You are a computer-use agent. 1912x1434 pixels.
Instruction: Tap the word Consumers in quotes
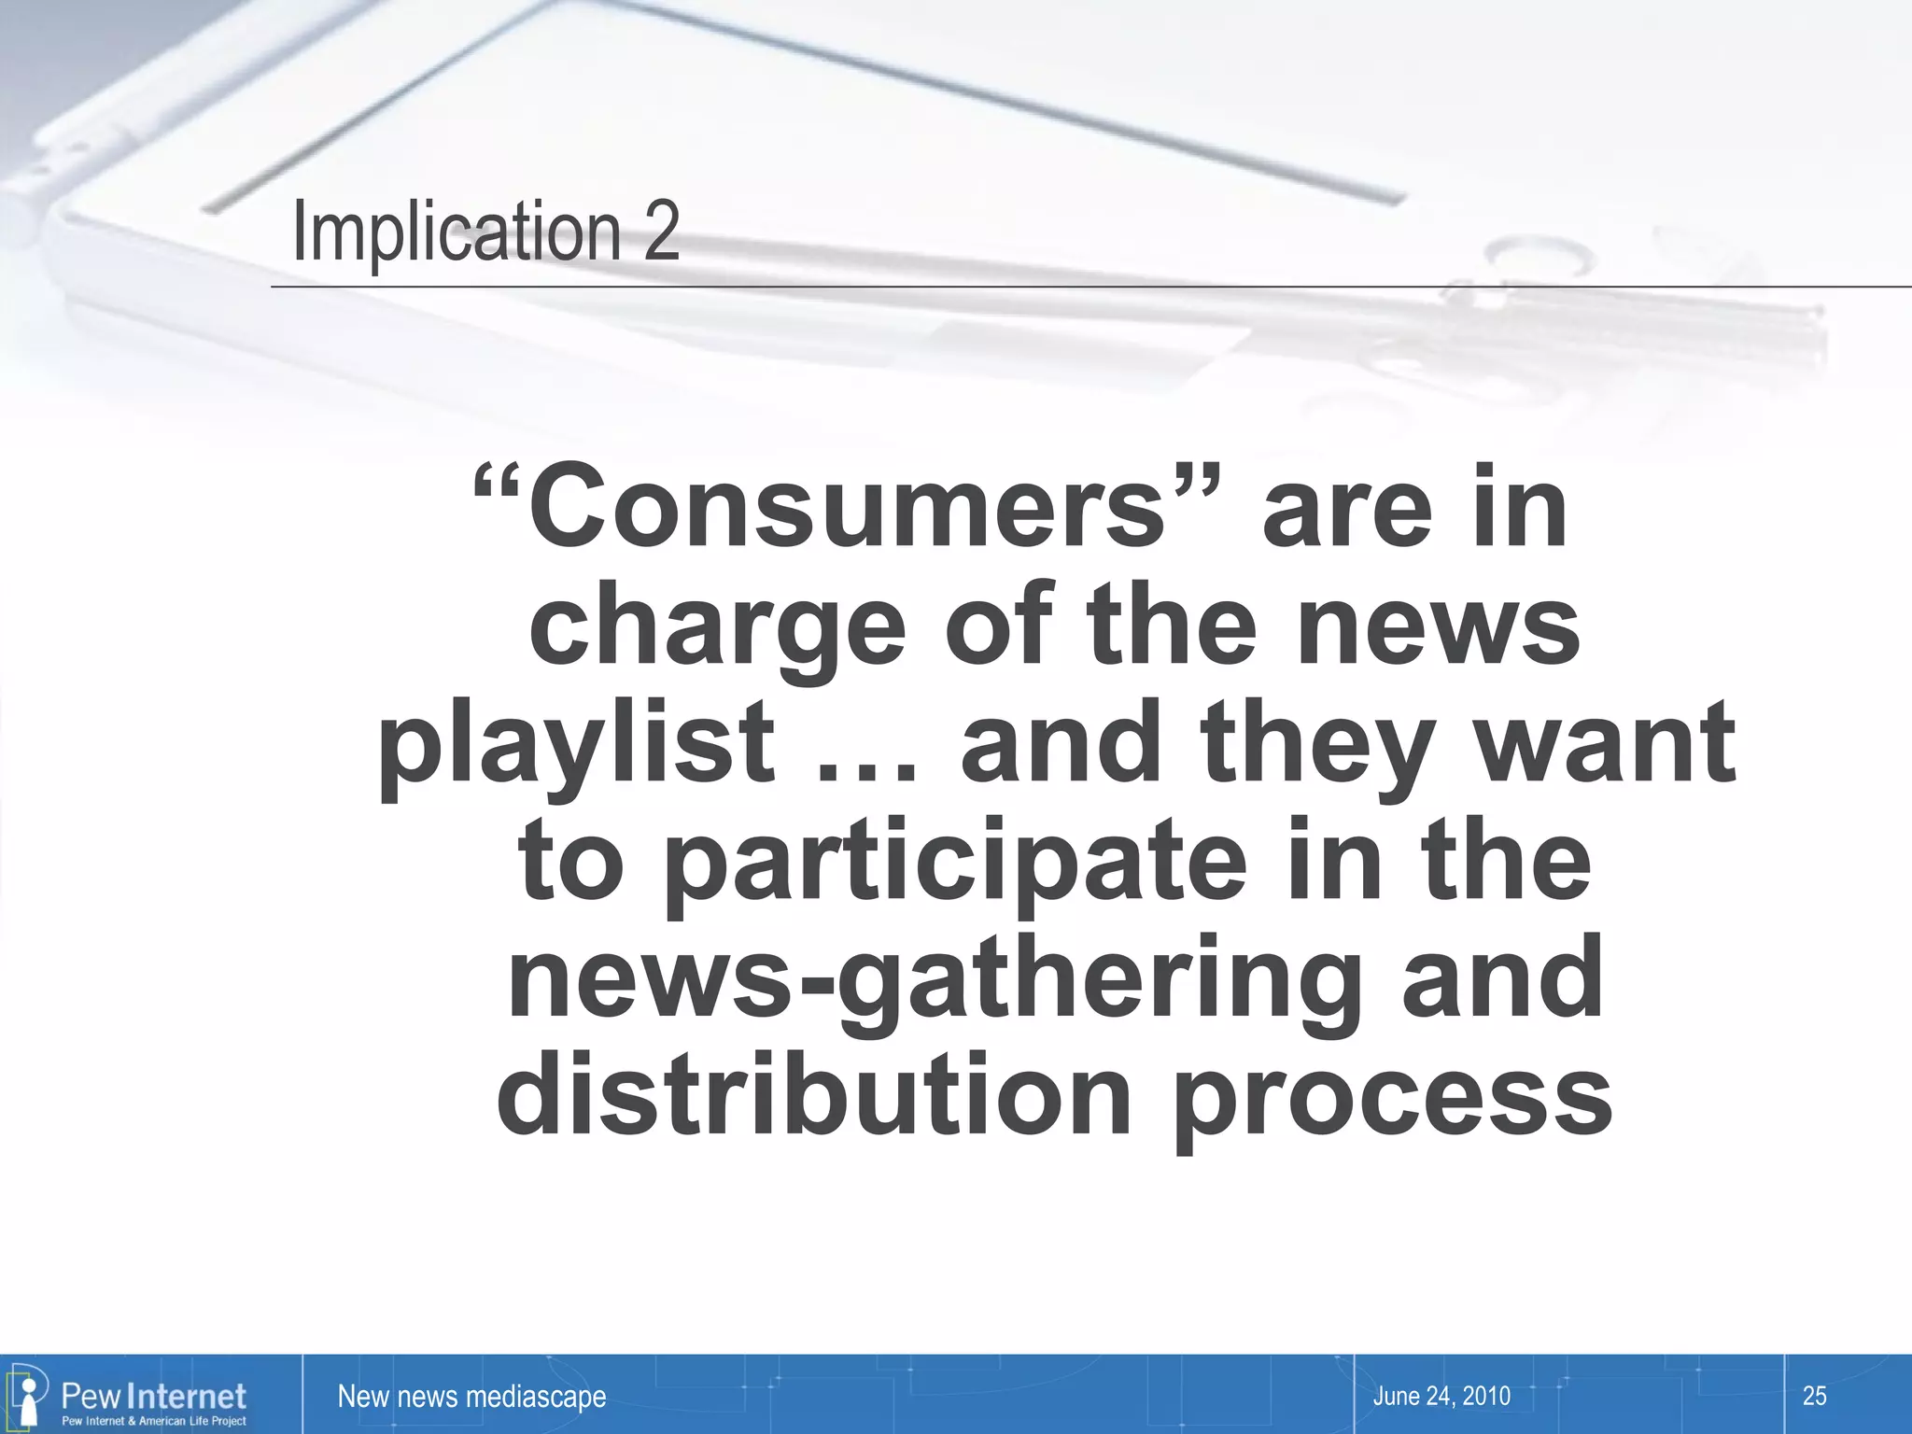coord(846,511)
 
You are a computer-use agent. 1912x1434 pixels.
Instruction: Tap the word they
coord(1317,745)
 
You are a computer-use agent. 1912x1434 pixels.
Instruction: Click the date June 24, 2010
coord(1441,1396)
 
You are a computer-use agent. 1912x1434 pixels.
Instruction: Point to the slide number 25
coord(1814,1396)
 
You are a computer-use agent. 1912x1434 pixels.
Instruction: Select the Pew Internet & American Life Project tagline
coord(154,1421)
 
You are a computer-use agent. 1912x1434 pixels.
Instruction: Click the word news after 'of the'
coord(1438,627)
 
